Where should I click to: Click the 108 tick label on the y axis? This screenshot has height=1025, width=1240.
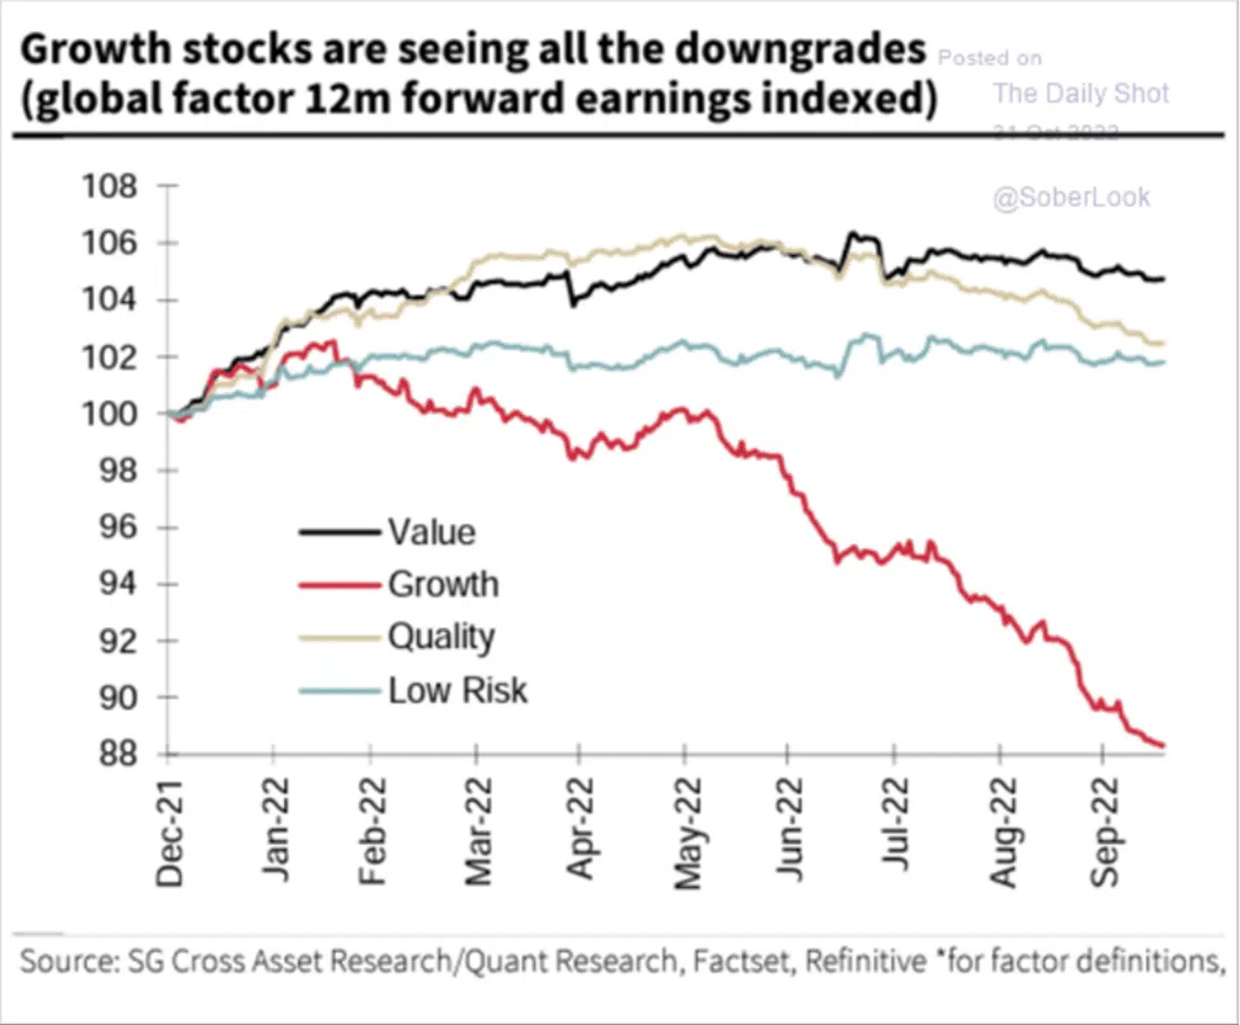[109, 186]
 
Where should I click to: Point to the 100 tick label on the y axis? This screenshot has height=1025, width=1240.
[109, 414]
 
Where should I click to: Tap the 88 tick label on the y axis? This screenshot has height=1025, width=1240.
[118, 755]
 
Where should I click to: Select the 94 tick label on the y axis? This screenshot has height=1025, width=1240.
[118, 584]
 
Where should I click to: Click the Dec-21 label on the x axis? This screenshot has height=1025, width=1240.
[170, 833]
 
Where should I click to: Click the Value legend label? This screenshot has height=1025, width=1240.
[431, 532]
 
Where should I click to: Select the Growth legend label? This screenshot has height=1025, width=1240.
[443, 584]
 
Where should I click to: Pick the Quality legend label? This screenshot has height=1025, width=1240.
[441, 637]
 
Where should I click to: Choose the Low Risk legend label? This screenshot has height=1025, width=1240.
[457, 691]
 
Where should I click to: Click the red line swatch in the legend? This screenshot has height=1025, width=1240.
[339, 586]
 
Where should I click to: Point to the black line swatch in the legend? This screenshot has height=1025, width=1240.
[339, 532]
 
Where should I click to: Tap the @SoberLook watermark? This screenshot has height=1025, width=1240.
[1071, 197]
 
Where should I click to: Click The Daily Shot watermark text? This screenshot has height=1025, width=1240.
[1081, 93]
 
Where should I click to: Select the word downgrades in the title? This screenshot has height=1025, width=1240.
[800, 49]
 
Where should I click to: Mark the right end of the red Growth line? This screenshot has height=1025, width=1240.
[1163, 746]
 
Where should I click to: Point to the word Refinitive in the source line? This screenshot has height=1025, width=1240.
[865, 960]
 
